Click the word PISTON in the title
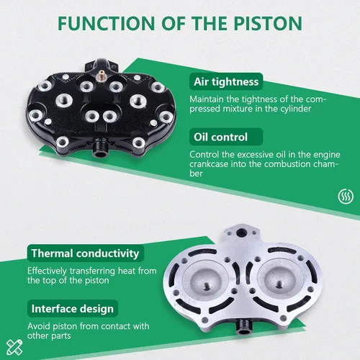click(x=268, y=23)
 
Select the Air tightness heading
click(x=226, y=81)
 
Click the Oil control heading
click(x=220, y=137)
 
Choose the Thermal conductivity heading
click(x=85, y=253)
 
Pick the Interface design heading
click(x=73, y=309)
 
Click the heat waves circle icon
click(x=346, y=196)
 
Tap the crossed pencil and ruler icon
click(x=14, y=347)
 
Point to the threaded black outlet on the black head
click(x=99, y=149)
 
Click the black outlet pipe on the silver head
click(x=243, y=327)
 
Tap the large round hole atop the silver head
click(x=241, y=233)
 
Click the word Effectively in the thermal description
click(x=47, y=271)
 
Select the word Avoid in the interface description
click(x=38, y=326)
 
